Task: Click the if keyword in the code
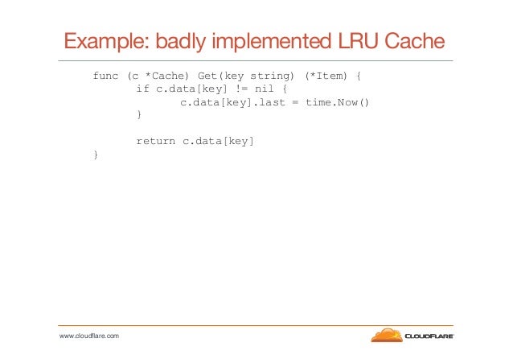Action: tap(142, 89)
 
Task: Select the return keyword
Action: tap(155, 141)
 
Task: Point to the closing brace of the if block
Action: tap(139, 115)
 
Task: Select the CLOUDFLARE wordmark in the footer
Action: tap(429, 336)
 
